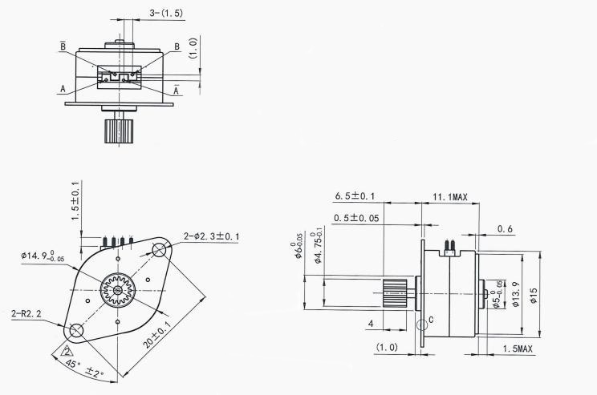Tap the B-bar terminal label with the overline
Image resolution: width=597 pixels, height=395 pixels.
pos(63,47)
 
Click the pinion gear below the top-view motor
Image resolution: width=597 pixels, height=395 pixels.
pos(116,130)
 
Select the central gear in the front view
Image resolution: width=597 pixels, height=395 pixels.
pos(117,289)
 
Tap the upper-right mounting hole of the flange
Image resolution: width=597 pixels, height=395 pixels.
pos(157,251)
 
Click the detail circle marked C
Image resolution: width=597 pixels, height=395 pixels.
pos(422,324)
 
